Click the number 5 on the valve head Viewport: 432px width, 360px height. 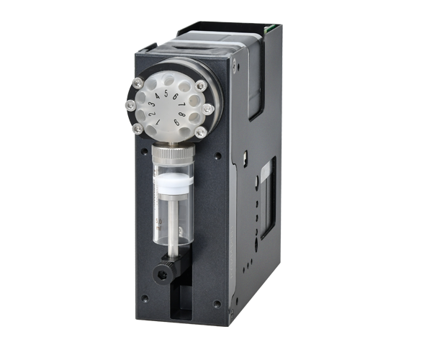[x=166, y=94]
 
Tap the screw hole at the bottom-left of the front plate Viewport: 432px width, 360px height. [x=145, y=298]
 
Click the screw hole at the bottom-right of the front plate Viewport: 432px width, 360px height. [x=217, y=304]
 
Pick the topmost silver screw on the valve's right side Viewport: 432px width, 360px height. [x=201, y=85]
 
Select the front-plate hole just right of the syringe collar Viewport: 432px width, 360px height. [x=217, y=155]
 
